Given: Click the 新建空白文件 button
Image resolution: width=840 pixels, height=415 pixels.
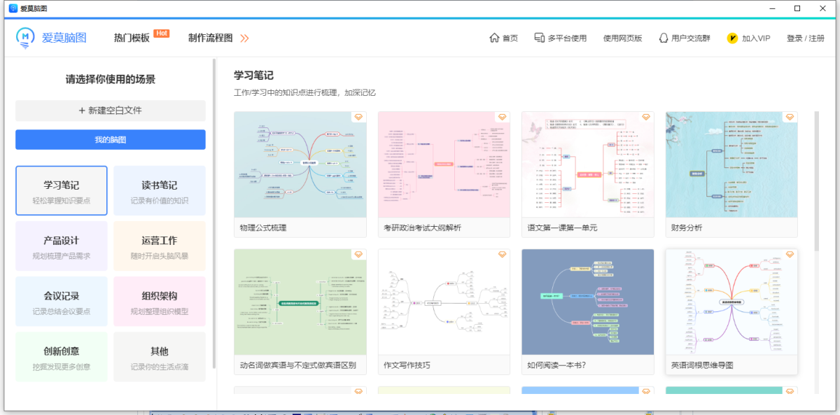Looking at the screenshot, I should (111, 111).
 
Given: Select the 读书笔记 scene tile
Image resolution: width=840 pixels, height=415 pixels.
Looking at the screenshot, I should (160, 190).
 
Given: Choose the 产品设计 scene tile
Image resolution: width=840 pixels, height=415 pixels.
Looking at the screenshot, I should (62, 246).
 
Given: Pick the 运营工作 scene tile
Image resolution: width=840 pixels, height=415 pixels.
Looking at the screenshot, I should (160, 246).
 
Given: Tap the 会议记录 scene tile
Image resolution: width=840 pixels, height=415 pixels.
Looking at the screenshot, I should (62, 301).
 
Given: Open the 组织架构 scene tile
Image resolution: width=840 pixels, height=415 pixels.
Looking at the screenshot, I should (160, 301).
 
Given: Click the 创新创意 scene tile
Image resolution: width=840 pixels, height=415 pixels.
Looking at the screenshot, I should (62, 356).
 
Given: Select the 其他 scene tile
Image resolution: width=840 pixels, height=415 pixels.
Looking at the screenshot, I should (160, 356).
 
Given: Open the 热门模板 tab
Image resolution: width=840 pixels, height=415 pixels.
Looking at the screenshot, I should (132, 38).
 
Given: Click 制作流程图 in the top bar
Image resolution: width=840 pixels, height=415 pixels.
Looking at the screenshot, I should (211, 38).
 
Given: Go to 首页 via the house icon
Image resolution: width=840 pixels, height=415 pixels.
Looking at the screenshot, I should (503, 38).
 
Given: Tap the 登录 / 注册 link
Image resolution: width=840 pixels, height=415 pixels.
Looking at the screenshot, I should (805, 38).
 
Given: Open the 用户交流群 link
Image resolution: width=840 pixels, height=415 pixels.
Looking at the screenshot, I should (684, 38).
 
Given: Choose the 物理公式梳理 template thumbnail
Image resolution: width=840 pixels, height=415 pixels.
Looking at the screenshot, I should (300, 164).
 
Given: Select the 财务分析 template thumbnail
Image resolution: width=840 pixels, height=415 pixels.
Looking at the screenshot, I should (731, 164).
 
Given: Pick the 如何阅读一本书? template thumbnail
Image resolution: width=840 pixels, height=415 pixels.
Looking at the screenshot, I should (588, 302).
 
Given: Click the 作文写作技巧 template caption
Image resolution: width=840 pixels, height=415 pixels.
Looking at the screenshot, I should (407, 365).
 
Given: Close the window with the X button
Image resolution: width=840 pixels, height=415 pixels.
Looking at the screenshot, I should (821, 8).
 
